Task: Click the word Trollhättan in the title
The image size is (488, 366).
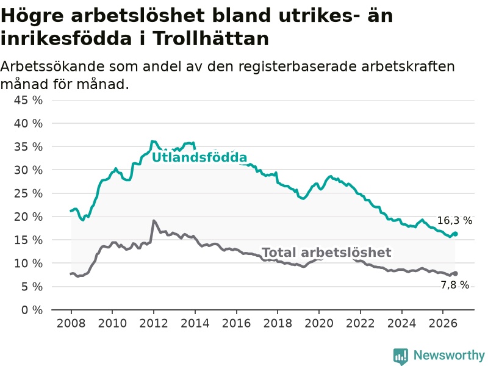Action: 211,38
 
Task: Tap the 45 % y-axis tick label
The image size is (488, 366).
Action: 28,100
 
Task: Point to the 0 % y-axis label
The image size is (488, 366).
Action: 32,310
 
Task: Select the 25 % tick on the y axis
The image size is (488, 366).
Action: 28,193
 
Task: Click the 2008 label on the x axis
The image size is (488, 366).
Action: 71,323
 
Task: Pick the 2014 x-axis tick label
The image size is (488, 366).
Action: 195,323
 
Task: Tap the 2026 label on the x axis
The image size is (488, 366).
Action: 443,323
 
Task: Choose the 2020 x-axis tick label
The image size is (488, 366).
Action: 319,323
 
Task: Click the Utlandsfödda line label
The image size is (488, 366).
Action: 199,157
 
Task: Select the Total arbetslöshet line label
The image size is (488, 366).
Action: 326,253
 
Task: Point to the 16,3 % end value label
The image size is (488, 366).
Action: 454,220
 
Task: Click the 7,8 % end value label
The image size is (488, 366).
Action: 454,285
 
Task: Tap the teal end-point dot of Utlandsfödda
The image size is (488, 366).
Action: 455,234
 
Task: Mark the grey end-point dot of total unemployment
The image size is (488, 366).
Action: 455,273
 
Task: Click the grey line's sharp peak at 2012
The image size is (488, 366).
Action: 154,221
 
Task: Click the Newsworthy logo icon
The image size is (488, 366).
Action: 401,356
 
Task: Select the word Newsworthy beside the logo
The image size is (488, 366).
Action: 449,355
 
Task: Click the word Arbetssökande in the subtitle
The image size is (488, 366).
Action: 52,66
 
